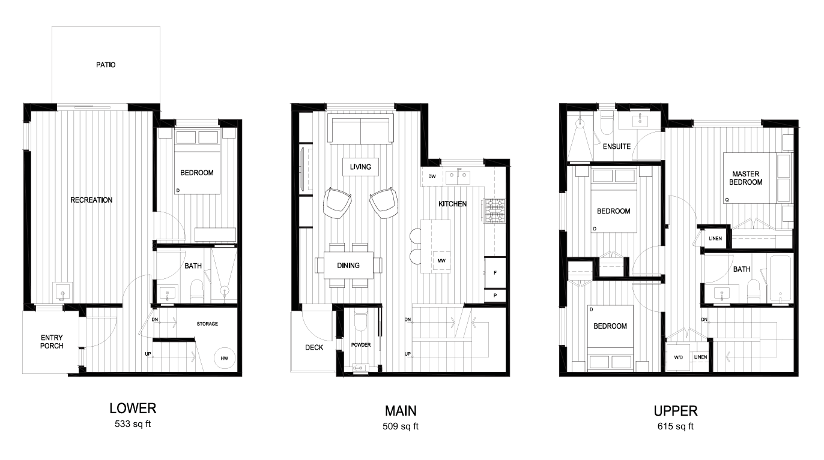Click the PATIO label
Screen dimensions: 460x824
pos(106,65)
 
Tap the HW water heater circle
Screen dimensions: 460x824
pos(224,358)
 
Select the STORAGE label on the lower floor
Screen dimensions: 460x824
pos(207,324)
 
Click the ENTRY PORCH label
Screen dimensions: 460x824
pos(52,342)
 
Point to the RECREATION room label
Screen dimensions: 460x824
pos(91,200)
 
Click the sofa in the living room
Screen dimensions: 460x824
pos(360,130)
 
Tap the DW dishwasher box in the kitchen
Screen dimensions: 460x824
pos(432,176)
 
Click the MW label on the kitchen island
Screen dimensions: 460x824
pos(441,261)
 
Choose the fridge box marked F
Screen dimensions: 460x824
pos(495,273)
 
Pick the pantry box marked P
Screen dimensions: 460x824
pos(495,296)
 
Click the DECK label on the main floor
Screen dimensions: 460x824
pos(314,347)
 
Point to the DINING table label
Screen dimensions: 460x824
pos(348,265)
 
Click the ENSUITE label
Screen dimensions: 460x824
pos(617,146)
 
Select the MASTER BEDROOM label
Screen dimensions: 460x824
pos(746,178)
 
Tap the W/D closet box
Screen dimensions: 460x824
pos(679,357)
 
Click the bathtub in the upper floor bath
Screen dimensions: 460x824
pos(779,279)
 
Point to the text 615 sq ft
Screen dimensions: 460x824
pos(676,427)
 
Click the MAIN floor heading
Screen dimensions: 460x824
pos(401,411)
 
